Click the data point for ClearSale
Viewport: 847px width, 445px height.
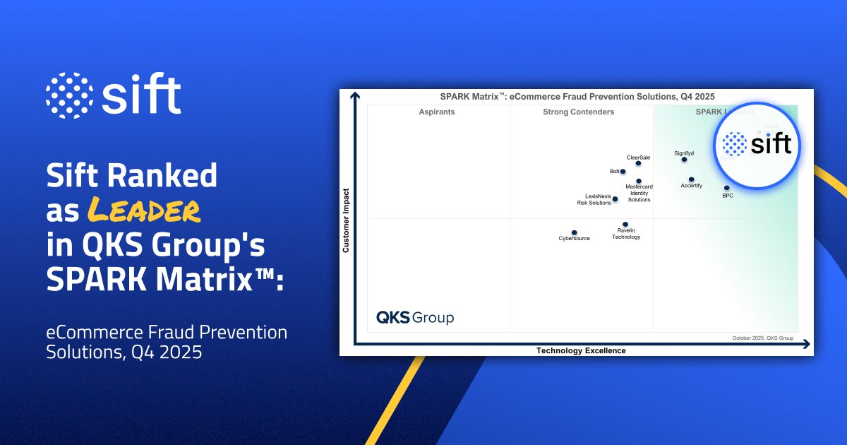[x=638, y=164]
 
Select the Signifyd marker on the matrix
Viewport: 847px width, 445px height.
[x=684, y=160]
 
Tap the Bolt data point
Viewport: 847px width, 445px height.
[x=623, y=172]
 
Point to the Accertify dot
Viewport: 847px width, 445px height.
[x=691, y=179]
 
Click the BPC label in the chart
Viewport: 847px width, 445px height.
[x=727, y=196]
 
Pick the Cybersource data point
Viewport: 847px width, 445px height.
[x=574, y=232]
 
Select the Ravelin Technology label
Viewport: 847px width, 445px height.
[x=626, y=234]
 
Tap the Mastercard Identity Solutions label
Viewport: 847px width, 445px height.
[x=639, y=194]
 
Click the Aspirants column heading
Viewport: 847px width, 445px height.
[x=436, y=112]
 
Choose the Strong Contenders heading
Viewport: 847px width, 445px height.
[x=578, y=112]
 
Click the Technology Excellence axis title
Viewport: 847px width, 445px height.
[x=581, y=350]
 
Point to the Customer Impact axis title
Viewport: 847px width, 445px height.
[x=347, y=220]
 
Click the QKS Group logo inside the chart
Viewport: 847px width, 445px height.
[x=415, y=318]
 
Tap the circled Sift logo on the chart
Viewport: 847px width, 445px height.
[x=757, y=146]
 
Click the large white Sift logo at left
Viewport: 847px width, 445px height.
[x=114, y=95]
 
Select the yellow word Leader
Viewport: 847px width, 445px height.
[x=144, y=210]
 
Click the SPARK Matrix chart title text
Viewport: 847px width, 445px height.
[x=578, y=96]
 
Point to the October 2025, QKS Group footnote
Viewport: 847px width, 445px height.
[x=763, y=338]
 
